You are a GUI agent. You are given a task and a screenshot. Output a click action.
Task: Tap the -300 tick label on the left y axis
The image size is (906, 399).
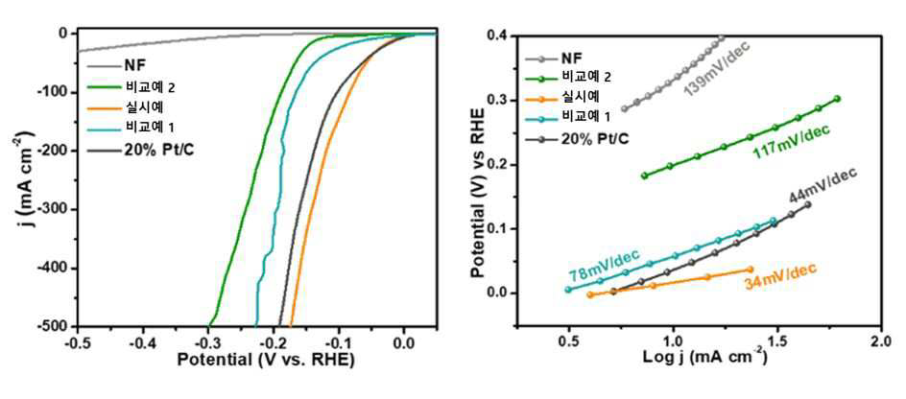tap(52, 209)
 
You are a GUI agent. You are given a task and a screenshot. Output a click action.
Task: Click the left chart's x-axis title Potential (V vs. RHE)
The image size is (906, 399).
tap(265, 360)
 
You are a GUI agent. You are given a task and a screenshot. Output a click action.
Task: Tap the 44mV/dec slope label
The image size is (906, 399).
tap(824, 187)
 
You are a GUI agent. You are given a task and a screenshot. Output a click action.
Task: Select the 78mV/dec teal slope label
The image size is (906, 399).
tap(605, 263)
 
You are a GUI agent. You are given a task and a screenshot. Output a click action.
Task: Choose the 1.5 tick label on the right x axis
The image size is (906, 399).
tap(776, 340)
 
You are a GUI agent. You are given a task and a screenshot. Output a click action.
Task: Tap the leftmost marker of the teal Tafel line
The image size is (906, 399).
tap(568, 290)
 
